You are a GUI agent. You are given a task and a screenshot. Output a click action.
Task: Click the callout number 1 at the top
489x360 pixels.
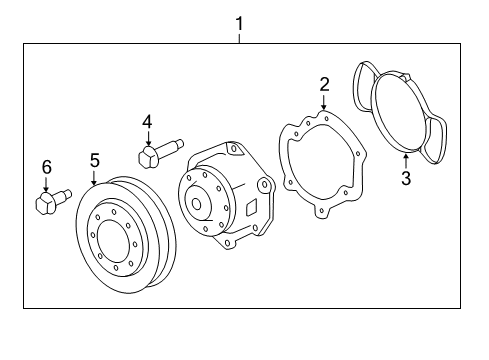click(x=240, y=20)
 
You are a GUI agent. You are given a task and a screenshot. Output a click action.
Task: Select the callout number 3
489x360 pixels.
click(x=405, y=180)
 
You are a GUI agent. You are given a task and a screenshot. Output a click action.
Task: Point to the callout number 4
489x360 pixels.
click(x=147, y=121)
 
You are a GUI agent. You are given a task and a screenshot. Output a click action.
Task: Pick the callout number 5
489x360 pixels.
click(x=95, y=159)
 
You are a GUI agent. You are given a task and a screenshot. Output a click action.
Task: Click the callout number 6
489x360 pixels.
click(x=46, y=168)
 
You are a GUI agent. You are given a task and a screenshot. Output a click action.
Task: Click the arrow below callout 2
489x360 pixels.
click(x=324, y=105)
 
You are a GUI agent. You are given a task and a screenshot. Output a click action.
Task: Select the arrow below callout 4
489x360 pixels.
click(x=147, y=137)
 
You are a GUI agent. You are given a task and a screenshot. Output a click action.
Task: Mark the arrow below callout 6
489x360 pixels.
click(x=46, y=184)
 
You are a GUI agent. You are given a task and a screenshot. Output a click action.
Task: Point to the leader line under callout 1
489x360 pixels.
click(x=240, y=35)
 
